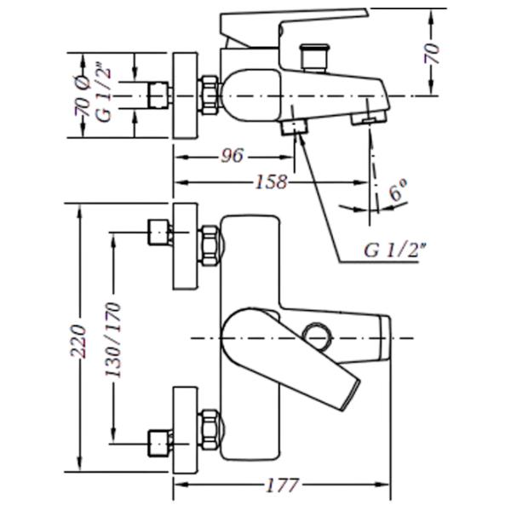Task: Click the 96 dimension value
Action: (x=233, y=156)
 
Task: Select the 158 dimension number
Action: (x=272, y=182)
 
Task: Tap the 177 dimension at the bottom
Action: (x=282, y=485)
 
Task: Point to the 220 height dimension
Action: (x=78, y=342)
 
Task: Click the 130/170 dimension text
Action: (x=112, y=340)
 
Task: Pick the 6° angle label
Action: (x=398, y=190)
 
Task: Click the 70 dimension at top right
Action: (x=432, y=53)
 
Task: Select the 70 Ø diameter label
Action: (x=83, y=95)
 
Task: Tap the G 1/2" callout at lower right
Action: (x=395, y=250)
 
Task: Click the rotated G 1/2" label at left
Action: (x=104, y=95)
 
